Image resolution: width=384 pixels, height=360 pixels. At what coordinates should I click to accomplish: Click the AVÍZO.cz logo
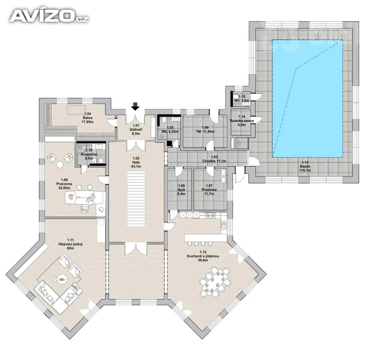49,16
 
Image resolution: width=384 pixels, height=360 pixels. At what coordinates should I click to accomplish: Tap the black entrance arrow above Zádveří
135,106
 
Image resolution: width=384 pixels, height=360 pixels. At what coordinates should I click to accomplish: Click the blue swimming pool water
307,98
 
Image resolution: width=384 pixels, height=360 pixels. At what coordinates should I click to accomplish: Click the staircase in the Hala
136,199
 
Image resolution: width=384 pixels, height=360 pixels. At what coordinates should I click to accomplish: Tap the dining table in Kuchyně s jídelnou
215,282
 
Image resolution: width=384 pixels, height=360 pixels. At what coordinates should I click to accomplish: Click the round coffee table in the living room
61,279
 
